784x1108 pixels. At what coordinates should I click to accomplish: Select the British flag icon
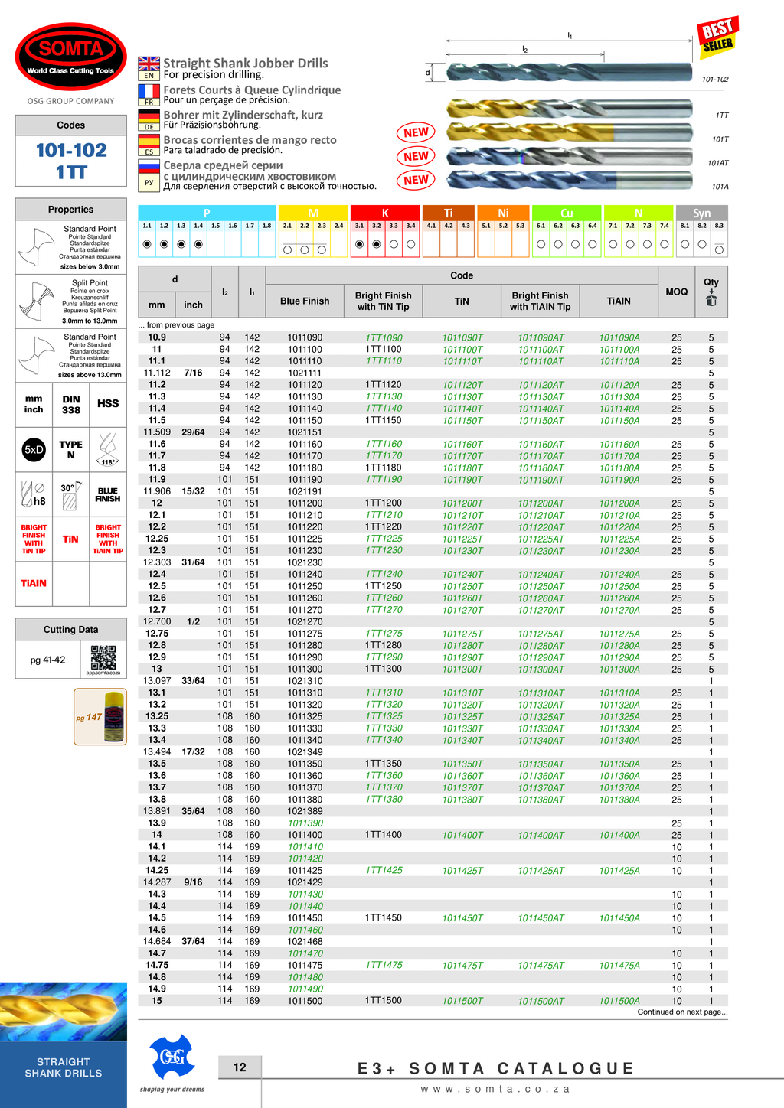coord(149,64)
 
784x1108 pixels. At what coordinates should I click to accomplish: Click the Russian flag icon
coord(149,166)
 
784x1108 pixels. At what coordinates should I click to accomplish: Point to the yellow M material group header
coord(313,213)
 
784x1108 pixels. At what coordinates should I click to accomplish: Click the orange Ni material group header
coord(503,213)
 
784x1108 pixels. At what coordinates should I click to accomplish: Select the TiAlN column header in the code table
coord(619,301)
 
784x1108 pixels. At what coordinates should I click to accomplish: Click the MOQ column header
coord(676,292)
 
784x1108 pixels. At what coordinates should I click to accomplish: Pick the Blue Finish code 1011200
coord(305,503)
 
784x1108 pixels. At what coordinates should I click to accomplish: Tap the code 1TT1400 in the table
coord(383,835)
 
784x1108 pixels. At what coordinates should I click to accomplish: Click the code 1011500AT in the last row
coord(541,1001)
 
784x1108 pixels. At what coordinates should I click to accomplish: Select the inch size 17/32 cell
coord(193,752)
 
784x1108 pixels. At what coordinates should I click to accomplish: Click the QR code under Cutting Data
coord(103,657)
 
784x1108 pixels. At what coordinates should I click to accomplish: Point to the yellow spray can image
coord(113,716)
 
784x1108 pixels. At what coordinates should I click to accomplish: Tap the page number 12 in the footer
coord(240,1067)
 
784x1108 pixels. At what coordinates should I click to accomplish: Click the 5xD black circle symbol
coord(34,450)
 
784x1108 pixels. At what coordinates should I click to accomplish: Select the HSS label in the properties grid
coord(108,404)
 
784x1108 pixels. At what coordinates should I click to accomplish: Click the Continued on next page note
coord(682,1012)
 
